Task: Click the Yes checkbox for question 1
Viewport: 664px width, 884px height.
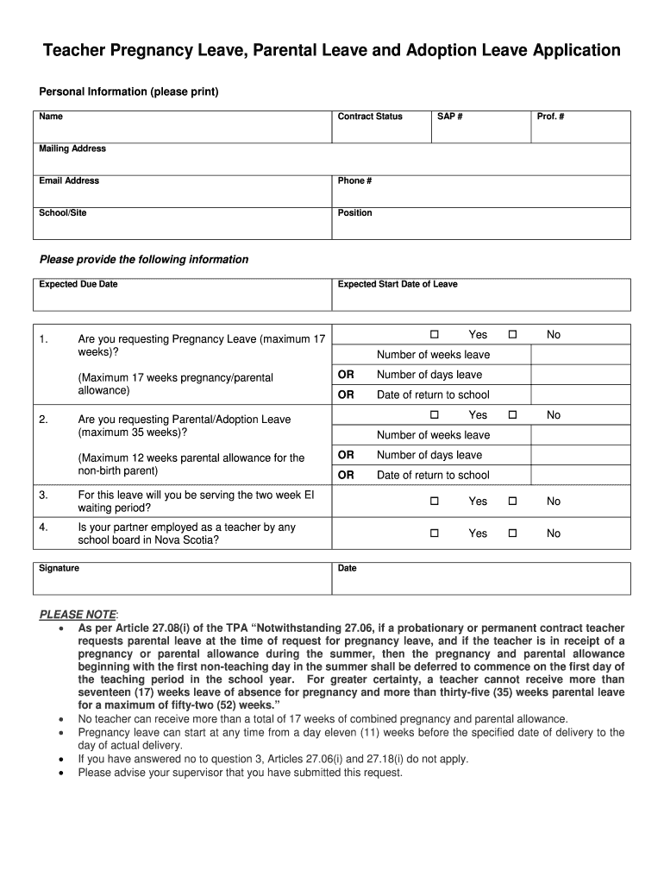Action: coord(435,334)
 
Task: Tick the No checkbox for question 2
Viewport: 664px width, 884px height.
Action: coord(512,415)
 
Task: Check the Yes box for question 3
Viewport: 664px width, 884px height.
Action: coord(435,501)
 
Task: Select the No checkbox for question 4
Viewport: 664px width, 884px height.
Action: coord(512,534)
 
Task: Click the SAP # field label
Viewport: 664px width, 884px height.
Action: coord(450,117)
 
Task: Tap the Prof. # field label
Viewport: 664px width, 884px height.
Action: coord(550,117)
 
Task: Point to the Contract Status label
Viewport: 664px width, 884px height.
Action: coord(370,117)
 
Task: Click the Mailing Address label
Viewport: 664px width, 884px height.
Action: coord(72,148)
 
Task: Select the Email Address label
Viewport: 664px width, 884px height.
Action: coord(69,180)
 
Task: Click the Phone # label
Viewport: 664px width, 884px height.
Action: coord(354,180)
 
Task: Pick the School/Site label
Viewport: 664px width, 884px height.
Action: coord(63,212)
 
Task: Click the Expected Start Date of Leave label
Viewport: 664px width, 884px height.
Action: coord(398,284)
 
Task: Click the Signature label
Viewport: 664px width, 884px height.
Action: coord(60,568)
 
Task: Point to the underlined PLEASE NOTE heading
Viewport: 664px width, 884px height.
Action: coord(78,614)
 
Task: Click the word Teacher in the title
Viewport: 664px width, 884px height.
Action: coord(78,51)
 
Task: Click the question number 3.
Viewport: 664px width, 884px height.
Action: coord(43,496)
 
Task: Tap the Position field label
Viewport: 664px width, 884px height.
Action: coord(355,212)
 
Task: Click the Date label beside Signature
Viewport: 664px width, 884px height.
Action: coord(348,568)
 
